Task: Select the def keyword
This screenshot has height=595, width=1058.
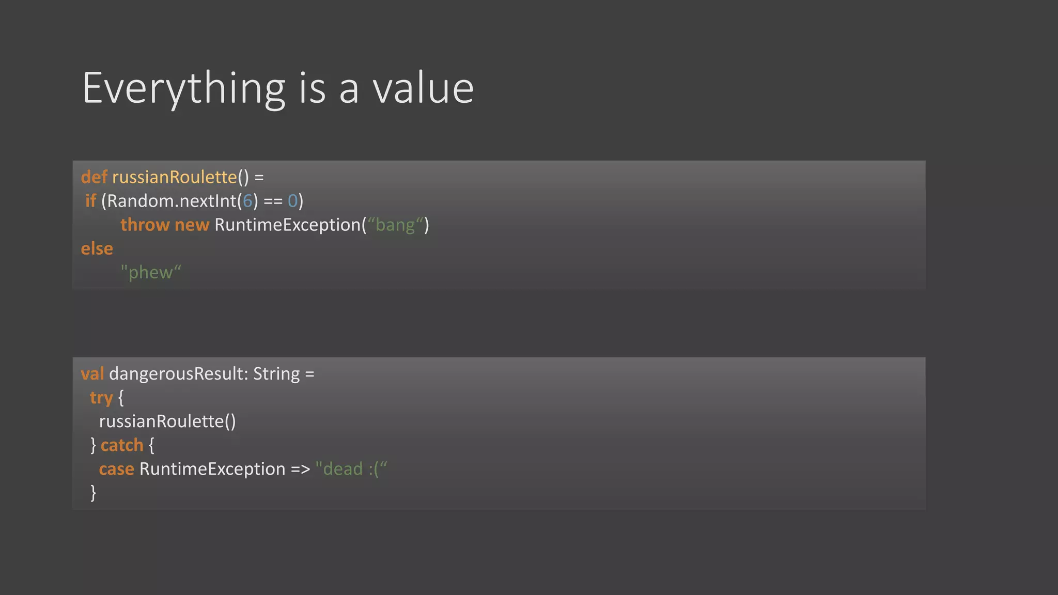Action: click(94, 177)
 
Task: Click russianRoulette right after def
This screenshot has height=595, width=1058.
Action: click(174, 177)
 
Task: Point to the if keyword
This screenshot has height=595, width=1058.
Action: click(90, 201)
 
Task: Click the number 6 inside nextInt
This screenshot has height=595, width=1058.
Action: click(247, 201)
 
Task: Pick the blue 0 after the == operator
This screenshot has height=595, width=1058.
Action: click(293, 201)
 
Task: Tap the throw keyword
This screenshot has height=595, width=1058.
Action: click(145, 225)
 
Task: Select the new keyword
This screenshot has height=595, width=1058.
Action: click(192, 225)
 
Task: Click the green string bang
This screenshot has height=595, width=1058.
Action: click(395, 225)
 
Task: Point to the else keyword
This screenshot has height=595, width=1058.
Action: click(97, 248)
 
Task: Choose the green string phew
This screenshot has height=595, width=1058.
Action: click(151, 272)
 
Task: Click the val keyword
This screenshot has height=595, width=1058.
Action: click(92, 373)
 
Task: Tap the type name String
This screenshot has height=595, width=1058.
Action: click(276, 373)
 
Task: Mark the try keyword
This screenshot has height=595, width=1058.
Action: click(101, 398)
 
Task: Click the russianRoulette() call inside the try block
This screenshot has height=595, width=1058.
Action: click(167, 421)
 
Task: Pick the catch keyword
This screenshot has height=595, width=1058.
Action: click(122, 445)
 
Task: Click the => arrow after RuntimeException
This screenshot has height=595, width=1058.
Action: click(300, 469)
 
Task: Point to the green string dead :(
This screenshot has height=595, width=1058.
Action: click(351, 469)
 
